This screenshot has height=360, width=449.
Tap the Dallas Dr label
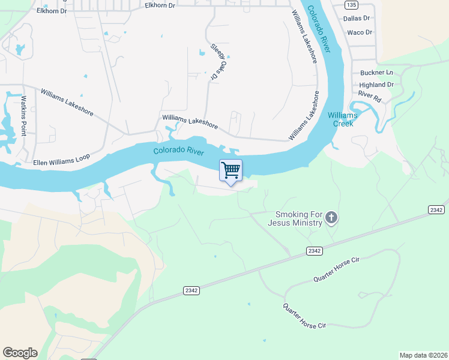(356, 19)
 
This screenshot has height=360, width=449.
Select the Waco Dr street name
(360, 32)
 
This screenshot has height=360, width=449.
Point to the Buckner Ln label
(376, 72)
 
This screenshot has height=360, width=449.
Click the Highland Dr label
(376, 85)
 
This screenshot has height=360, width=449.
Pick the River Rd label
(370, 95)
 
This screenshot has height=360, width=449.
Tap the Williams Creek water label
(342, 119)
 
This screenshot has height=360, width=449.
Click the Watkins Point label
(25, 115)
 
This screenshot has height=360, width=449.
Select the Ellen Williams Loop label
(61, 159)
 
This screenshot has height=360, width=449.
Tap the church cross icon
(332, 218)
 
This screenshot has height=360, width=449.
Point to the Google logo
(20, 352)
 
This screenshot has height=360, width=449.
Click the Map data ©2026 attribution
(423, 355)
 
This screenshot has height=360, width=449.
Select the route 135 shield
(352, 5)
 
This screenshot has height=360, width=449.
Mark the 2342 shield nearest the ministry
(313, 250)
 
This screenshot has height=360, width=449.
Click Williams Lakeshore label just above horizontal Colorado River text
(190, 122)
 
